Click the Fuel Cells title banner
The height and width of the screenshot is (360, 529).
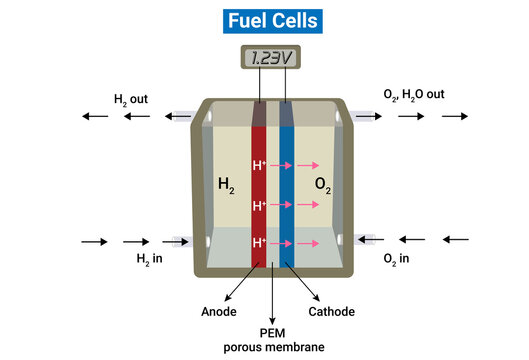pos(265,19)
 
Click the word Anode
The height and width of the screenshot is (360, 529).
pos(218,311)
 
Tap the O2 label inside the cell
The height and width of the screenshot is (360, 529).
pos(323,185)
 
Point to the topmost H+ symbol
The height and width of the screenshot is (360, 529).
pos(260,165)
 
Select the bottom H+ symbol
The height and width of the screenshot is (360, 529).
pos(260,242)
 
